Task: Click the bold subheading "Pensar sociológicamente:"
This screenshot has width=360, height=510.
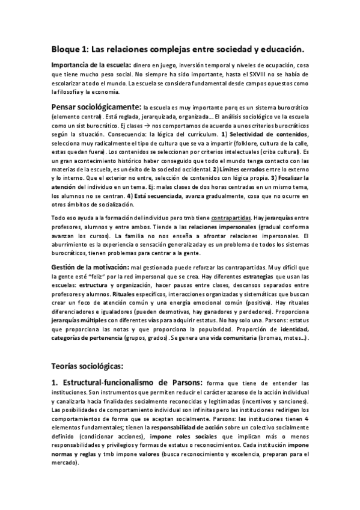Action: click(96, 106)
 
